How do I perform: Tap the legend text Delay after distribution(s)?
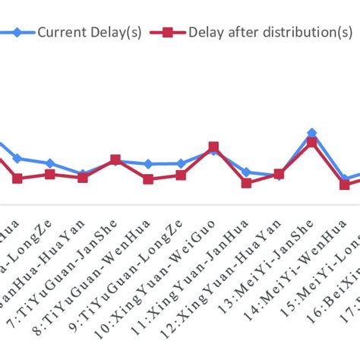pyautogui.click(x=270, y=32)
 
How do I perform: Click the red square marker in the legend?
pyautogui.click(x=169, y=33)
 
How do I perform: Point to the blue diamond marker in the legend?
pyautogui.click(x=15, y=33)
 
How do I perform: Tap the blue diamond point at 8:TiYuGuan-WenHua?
pyautogui.click(x=115, y=160)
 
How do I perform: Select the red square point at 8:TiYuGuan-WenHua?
pyautogui.click(x=115, y=159)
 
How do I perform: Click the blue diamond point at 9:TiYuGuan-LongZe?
pyautogui.click(x=148, y=164)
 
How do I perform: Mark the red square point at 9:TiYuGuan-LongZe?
pyautogui.click(x=148, y=179)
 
